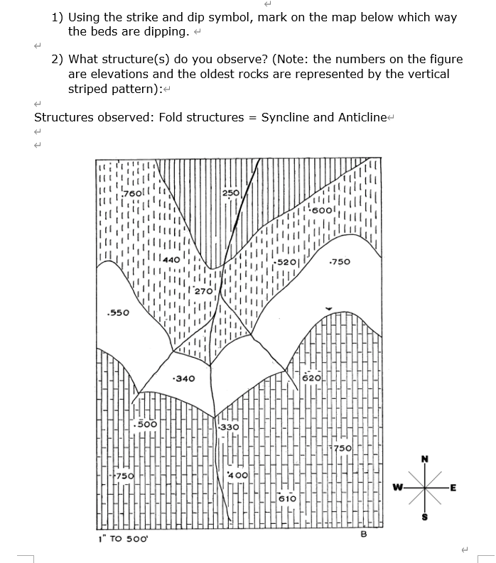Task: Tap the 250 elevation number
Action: pos(230,193)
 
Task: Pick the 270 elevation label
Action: pos(203,291)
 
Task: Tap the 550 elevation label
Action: pos(116,313)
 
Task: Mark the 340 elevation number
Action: pos(185,378)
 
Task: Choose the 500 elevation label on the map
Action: pos(147,424)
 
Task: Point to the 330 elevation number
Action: pos(229,427)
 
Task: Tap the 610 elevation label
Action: pos(287,498)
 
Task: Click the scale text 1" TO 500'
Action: pos(122,538)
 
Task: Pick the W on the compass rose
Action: pos(399,487)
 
